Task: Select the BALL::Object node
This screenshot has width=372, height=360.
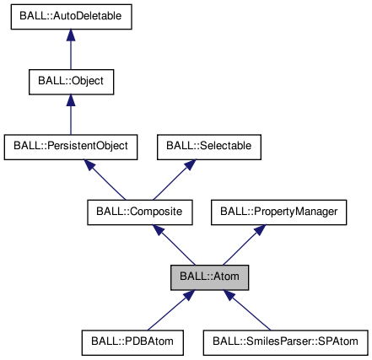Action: tap(70, 82)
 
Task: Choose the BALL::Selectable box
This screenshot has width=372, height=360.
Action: tap(208, 147)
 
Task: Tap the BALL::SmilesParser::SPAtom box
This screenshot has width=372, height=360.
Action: tap(286, 341)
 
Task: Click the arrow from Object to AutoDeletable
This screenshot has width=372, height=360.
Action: tap(70, 52)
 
